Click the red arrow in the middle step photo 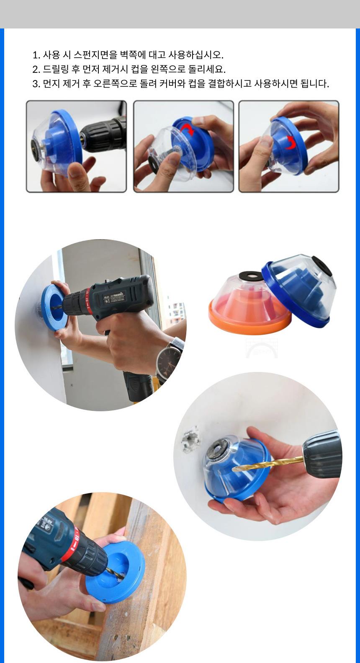187,129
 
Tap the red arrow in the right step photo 290,144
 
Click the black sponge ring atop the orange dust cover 251,276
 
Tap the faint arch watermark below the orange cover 262,348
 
